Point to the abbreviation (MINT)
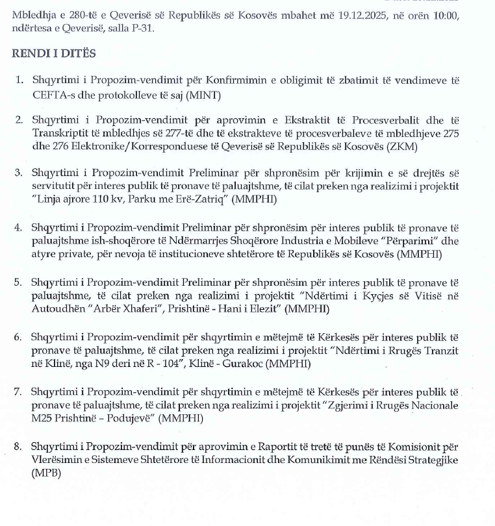click(205, 95)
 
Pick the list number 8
click(19, 447)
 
